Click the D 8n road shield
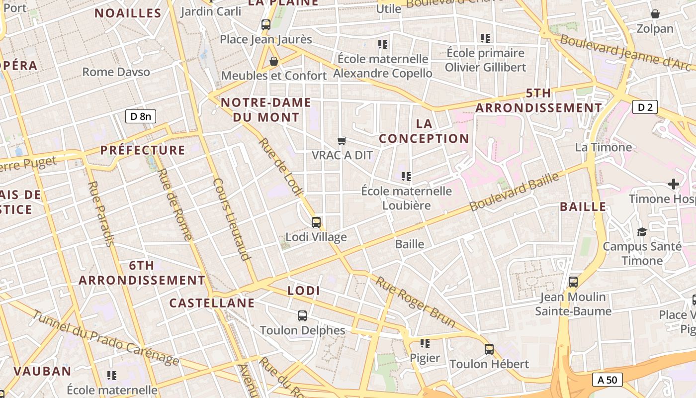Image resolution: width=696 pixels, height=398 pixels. pos(141,117)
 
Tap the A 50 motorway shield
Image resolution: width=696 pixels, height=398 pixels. pos(607,380)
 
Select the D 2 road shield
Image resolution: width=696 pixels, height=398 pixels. pos(645,106)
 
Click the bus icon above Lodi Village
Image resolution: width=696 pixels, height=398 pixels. pos(316,222)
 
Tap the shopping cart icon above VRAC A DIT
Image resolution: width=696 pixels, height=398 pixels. pos(342,141)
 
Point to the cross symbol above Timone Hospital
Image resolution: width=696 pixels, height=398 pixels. pos(674,185)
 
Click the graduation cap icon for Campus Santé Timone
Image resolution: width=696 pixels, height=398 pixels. pos(642,232)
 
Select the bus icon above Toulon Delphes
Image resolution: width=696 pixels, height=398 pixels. pos(302,315)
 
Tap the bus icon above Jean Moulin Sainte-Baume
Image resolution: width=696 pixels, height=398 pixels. pos(573,282)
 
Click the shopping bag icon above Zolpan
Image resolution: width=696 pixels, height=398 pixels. pos(655,14)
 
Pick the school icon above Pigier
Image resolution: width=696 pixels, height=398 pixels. pos(425,343)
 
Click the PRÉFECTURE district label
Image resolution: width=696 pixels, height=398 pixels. pos(143,150)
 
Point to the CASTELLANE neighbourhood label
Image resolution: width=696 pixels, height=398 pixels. pos(212,303)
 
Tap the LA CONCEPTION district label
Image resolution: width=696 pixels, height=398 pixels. pos(424,131)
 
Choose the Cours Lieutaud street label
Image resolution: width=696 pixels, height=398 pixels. pos(231,219)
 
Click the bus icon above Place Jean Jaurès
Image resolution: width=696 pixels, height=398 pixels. pos(266,24)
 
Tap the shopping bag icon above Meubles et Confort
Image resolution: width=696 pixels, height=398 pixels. pos(273,61)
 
